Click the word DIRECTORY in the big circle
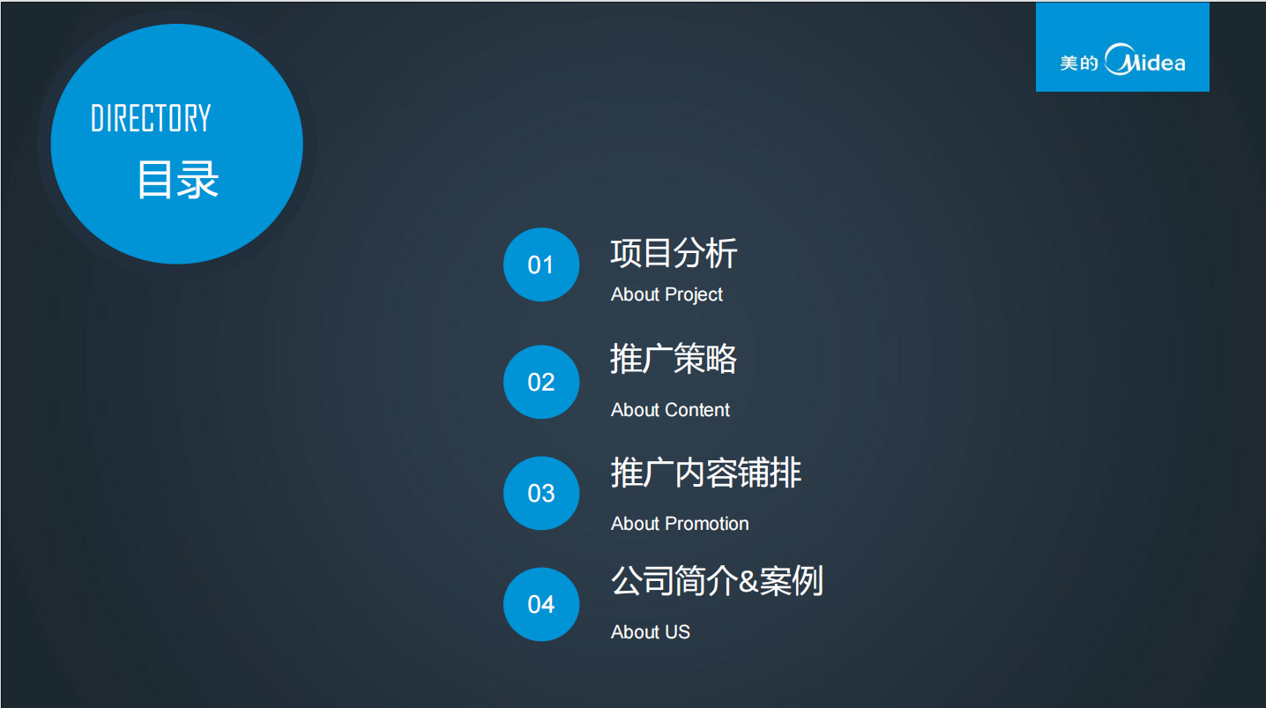click(151, 118)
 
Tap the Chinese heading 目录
click(177, 180)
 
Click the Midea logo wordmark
click(1145, 59)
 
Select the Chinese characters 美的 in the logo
click(1079, 63)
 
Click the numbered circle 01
click(541, 265)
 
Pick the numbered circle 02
click(541, 382)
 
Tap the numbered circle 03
click(541, 493)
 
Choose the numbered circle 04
click(541, 604)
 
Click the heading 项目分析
click(674, 253)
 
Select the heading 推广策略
click(674, 358)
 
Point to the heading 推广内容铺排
click(706, 473)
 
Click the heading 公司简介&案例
click(717, 581)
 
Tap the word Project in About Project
click(694, 295)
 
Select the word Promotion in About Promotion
click(707, 524)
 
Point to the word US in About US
click(678, 631)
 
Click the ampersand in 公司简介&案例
click(748, 582)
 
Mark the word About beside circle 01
click(636, 295)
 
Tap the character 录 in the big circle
click(198, 180)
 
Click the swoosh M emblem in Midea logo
click(1122, 59)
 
